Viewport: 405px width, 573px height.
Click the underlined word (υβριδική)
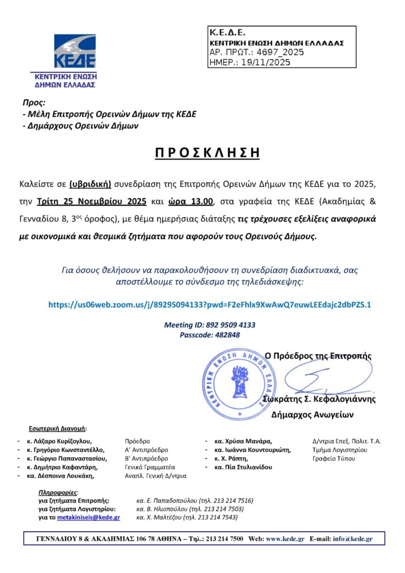pyautogui.click(x=91, y=184)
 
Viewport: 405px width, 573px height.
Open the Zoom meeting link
pyautogui.click(x=210, y=304)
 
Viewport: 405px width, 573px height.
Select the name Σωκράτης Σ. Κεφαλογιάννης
pyautogui.click(x=319, y=400)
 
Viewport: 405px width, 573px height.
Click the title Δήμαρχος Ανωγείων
pyautogui.click(x=313, y=415)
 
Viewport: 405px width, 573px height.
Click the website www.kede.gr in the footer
pyautogui.click(x=285, y=539)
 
